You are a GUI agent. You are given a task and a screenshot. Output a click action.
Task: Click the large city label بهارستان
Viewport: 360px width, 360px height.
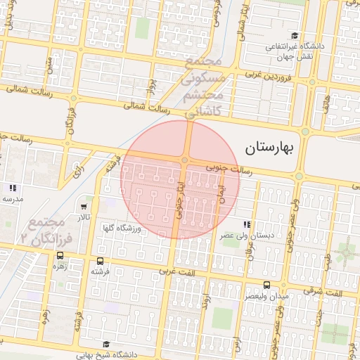pyautogui.click(x=279, y=148)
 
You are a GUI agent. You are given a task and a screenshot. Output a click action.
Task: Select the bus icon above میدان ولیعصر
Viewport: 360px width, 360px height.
pyautogui.click(x=266, y=285)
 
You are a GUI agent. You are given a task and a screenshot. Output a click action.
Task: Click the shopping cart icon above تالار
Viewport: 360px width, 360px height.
pyautogui.click(x=84, y=207)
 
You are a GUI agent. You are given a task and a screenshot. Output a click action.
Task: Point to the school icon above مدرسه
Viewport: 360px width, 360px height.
pyautogui.click(x=12, y=188)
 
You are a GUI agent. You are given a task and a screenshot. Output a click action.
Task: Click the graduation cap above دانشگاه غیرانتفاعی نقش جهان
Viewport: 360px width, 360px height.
pyautogui.click(x=296, y=35)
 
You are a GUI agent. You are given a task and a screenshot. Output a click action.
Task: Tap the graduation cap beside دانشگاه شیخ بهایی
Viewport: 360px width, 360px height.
pyautogui.click(x=106, y=344)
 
